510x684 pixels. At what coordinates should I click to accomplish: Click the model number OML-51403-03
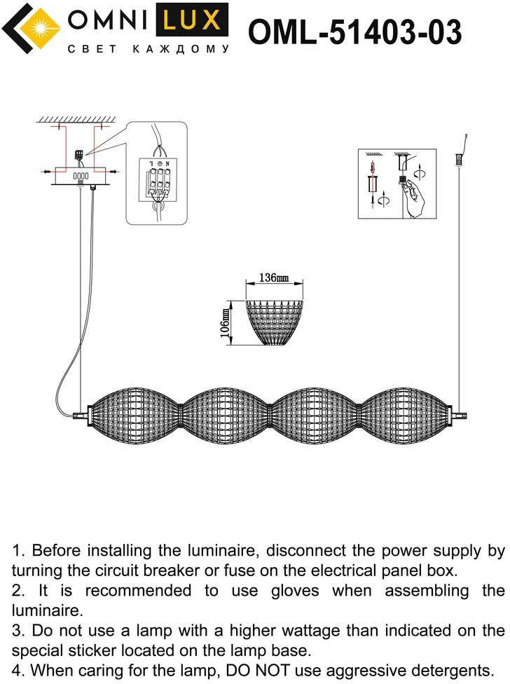point(355,32)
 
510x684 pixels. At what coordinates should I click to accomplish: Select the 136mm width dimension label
point(274,278)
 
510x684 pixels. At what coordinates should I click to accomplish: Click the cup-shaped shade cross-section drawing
point(274,322)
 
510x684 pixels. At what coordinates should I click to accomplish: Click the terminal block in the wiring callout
point(156,179)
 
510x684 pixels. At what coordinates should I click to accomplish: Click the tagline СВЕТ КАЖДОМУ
point(147,50)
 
